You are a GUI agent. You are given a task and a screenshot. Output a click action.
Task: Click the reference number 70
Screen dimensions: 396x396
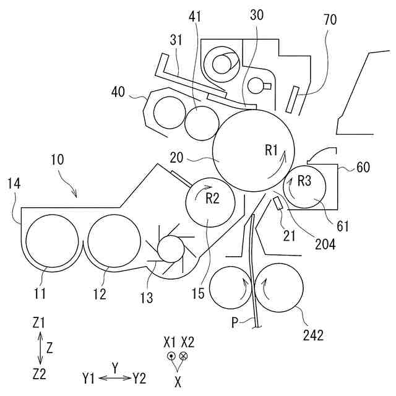[x=330, y=20]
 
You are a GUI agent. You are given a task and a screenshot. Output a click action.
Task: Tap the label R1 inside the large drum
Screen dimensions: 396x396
[x=273, y=149]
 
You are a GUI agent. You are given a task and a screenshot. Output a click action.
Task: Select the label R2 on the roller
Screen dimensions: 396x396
[x=213, y=199]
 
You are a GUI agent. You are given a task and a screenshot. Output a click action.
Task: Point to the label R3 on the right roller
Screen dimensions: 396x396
[x=304, y=181]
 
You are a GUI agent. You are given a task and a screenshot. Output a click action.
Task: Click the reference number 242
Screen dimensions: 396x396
[x=314, y=335]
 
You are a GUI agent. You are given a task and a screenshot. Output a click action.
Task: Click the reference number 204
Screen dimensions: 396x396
[x=324, y=244]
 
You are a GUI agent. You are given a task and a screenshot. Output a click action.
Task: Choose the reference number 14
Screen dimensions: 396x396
[x=14, y=183]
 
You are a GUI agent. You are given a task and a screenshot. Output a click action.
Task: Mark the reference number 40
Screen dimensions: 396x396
[x=118, y=92]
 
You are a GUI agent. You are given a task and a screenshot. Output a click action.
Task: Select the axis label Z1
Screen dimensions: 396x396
[x=40, y=324]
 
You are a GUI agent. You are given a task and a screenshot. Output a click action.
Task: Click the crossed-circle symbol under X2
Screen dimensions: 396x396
[x=184, y=356]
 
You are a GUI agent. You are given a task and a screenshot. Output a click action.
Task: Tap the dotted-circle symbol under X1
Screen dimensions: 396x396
[x=171, y=356]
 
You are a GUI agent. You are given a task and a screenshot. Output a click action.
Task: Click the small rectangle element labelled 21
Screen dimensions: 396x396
[x=278, y=202]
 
